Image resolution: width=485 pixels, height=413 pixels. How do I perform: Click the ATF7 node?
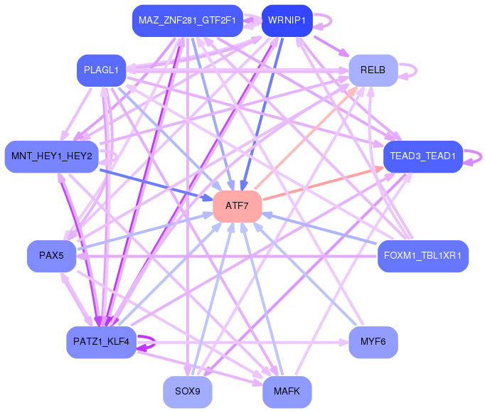point(238,206)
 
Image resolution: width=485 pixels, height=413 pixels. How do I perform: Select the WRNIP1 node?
point(287,21)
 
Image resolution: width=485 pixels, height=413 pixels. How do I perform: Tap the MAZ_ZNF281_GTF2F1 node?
point(188,21)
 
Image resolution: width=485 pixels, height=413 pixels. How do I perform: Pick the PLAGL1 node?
point(101,70)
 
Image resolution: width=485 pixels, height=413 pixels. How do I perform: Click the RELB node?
point(373,70)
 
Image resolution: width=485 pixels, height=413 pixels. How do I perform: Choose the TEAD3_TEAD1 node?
point(423,156)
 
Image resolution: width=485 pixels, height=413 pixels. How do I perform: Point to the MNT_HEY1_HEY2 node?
point(52,156)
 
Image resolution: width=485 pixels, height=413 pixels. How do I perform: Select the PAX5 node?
point(52,256)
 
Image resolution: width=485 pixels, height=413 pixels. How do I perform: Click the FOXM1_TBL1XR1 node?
point(423,256)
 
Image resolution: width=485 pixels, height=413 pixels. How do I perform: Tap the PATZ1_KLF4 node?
point(101,342)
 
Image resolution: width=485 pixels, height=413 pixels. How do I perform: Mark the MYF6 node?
point(373,342)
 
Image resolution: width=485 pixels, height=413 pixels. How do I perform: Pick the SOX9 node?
point(188,392)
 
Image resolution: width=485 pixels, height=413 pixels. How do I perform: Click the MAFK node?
point(287,392)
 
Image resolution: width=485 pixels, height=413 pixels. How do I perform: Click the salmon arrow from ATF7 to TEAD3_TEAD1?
point(324,183)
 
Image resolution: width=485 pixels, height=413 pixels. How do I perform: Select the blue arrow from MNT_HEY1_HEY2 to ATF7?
point(156,185)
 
